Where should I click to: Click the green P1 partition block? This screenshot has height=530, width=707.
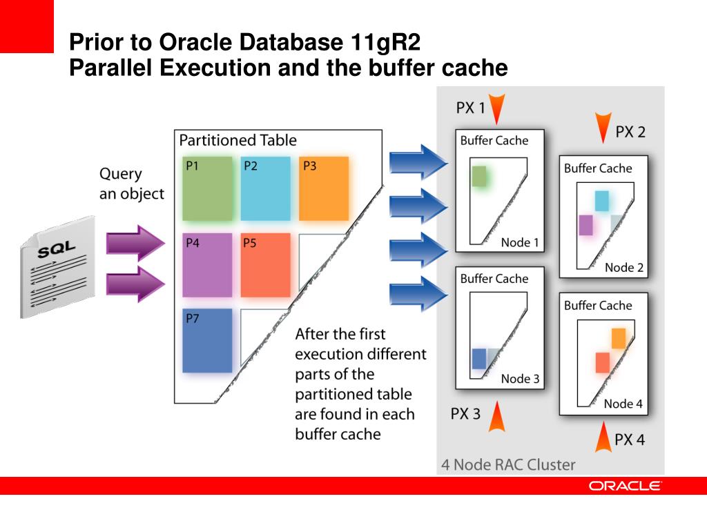[207, 188]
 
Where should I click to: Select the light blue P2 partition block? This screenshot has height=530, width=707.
[265, 188]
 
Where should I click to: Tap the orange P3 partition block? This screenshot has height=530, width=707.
[323, 188]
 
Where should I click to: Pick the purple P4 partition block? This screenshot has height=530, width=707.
[207, 265]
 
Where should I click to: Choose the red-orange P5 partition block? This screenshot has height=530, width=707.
[265, 265]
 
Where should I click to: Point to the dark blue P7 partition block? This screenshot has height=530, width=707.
[207, 341]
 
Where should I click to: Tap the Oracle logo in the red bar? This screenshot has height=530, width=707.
[625, 486]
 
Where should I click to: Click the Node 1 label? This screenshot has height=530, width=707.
[520, 242]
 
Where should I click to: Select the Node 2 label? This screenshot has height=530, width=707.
[624, 268]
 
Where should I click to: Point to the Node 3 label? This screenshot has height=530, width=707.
[520, 379]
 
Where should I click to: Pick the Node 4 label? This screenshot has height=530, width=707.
[623, 404]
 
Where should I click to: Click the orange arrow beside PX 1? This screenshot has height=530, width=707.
[501, 108]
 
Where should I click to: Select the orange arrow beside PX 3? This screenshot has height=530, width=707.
[497, 416]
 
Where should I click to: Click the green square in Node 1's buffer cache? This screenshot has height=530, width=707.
[480, 176]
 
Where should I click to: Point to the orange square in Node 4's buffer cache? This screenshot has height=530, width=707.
[618, 338]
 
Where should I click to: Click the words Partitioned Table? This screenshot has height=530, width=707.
[238, 140]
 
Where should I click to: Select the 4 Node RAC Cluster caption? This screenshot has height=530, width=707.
[508, 464]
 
